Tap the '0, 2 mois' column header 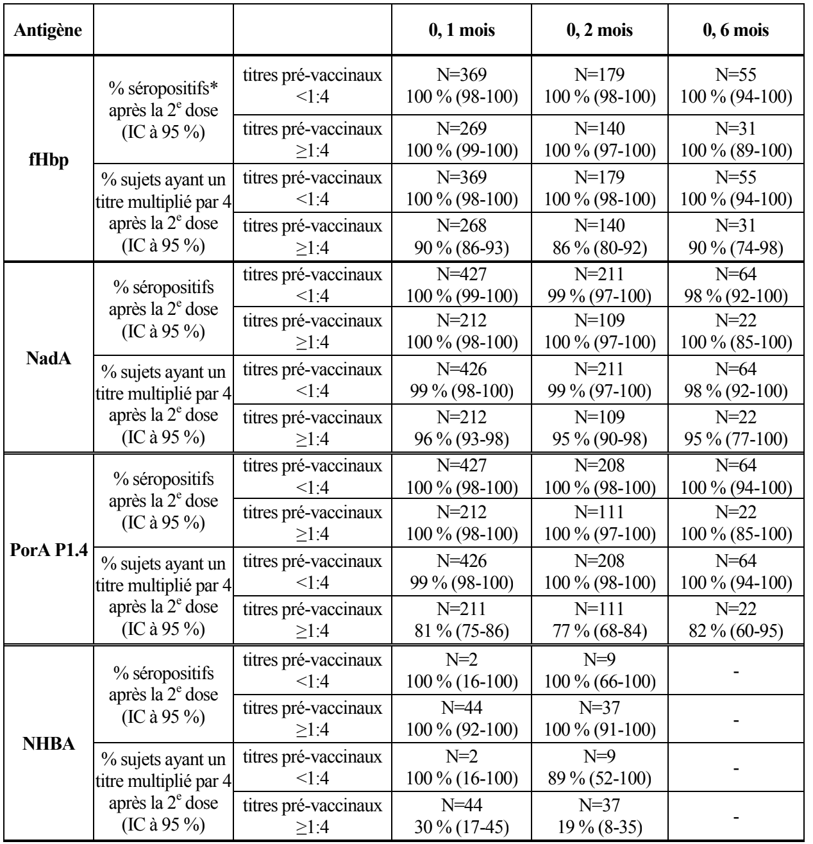click(x=599, y=31)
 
